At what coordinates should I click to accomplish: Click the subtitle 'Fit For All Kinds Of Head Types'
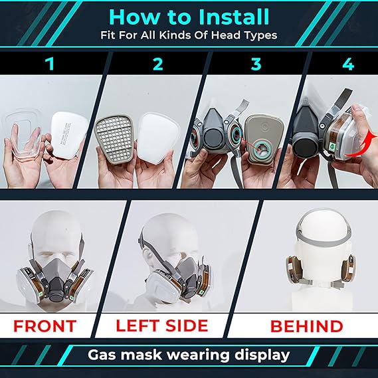coord(189,35)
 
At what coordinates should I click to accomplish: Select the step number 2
coord(157,64)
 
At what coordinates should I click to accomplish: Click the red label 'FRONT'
coord(46,327)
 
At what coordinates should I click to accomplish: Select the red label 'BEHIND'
coord(306,327)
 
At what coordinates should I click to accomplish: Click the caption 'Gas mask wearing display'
coord(189,355)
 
